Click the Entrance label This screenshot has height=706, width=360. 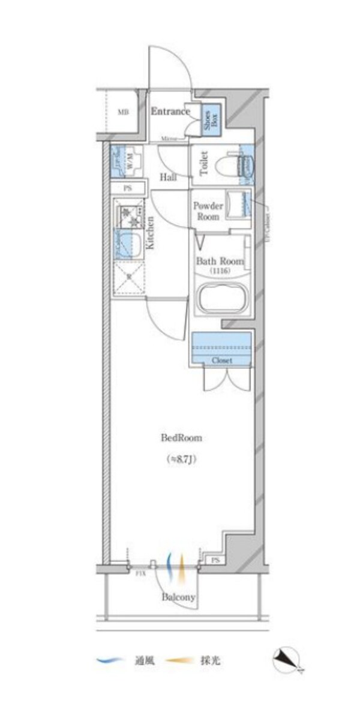click(x=170, y=112)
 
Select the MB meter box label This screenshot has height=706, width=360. click(x=122, y=112)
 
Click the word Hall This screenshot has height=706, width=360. click(x=168, y=178)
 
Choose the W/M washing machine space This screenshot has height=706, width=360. click(x=128, y=162)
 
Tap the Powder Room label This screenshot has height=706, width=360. click(x=207, y=211)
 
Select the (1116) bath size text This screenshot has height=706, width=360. click(x=220, y=271)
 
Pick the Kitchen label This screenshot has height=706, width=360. click(x=151, y=233)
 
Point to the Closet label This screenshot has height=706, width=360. click(x=221, y=360)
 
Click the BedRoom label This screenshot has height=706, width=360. click(x=181, y=438)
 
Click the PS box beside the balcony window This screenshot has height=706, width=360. click(x=215, y=560)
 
